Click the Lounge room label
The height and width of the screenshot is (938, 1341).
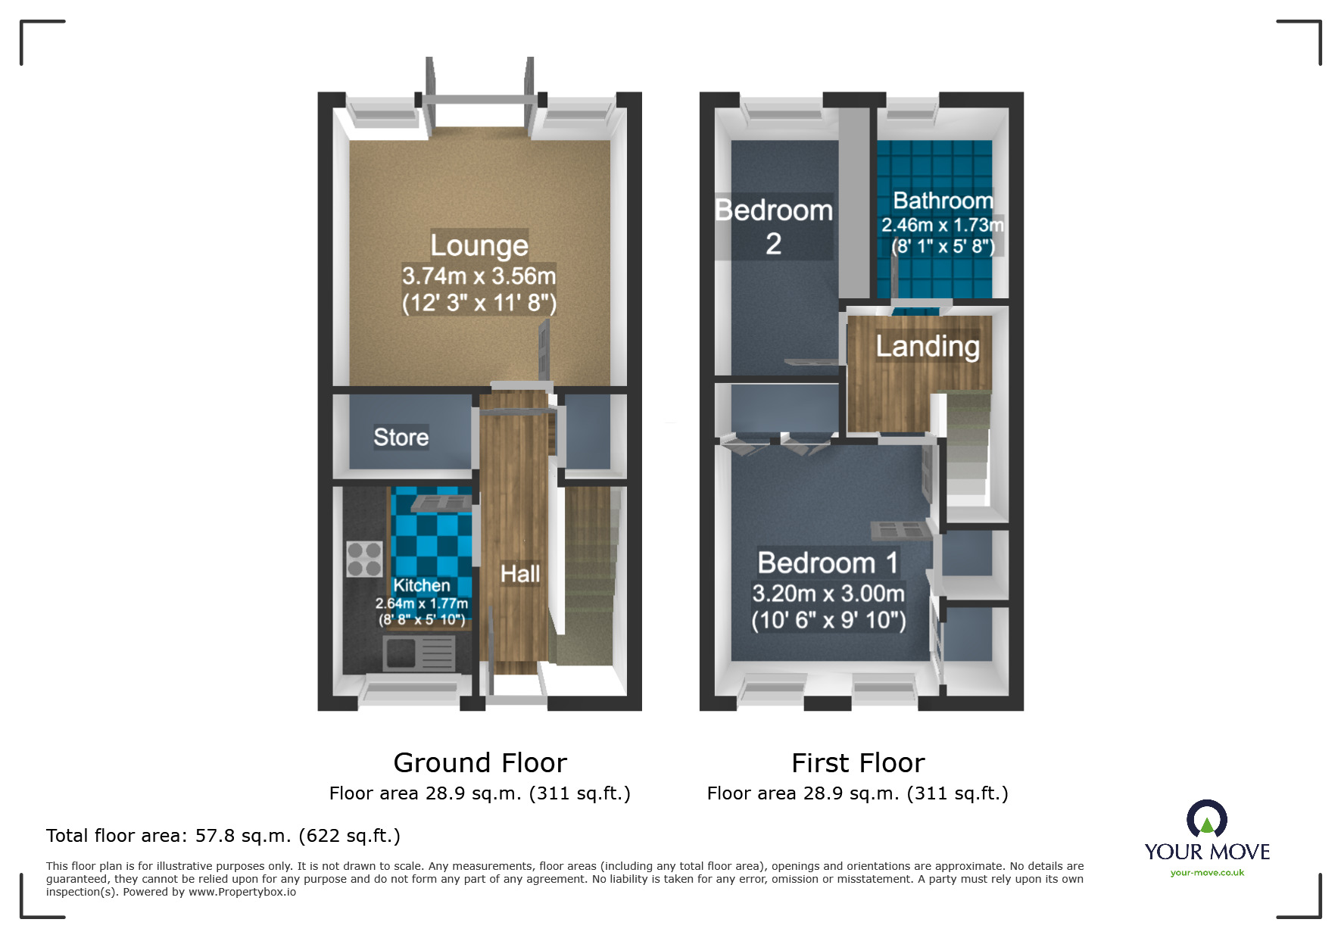tap(479, 245)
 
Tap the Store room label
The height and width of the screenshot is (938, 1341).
tap(401, 437)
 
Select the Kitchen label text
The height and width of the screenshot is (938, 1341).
tap(422, 585)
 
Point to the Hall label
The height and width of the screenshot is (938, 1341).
tap(520, 574)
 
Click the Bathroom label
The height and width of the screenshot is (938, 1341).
tap(943, 200)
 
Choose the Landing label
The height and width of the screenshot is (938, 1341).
tap(928, 346)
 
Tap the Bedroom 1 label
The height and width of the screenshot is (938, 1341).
tap(828, 562)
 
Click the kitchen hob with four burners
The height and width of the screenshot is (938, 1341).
tap(364, 559)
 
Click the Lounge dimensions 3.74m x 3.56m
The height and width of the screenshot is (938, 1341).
tap(479, 276)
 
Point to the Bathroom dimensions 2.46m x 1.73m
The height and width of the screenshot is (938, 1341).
tap(943, 225)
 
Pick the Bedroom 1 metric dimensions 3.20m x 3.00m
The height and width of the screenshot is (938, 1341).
tap(828, 593)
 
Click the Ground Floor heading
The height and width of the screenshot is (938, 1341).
tap(480, 762)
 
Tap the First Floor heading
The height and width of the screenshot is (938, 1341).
tap(858, 762)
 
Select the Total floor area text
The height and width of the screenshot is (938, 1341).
tap(223, 836)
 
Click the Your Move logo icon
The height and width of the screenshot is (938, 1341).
tap(1207, 818)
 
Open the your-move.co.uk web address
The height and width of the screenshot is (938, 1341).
tap(1207, 873)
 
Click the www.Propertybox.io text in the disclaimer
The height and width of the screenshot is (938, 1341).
tap(242, 892)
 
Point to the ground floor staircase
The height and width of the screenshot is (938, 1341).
tap(588, 575)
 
